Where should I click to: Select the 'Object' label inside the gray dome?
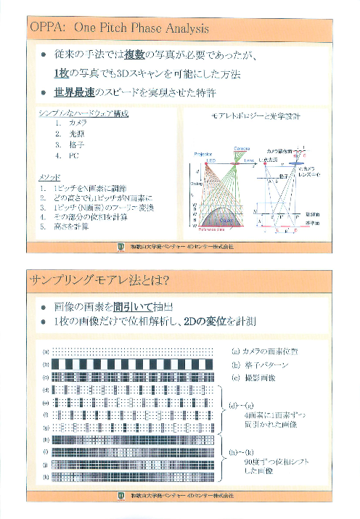(226, 221)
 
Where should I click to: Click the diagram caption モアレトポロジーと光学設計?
(255, 116)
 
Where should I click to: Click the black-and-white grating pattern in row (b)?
(134, 363)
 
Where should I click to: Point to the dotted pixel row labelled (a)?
(134, 351)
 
